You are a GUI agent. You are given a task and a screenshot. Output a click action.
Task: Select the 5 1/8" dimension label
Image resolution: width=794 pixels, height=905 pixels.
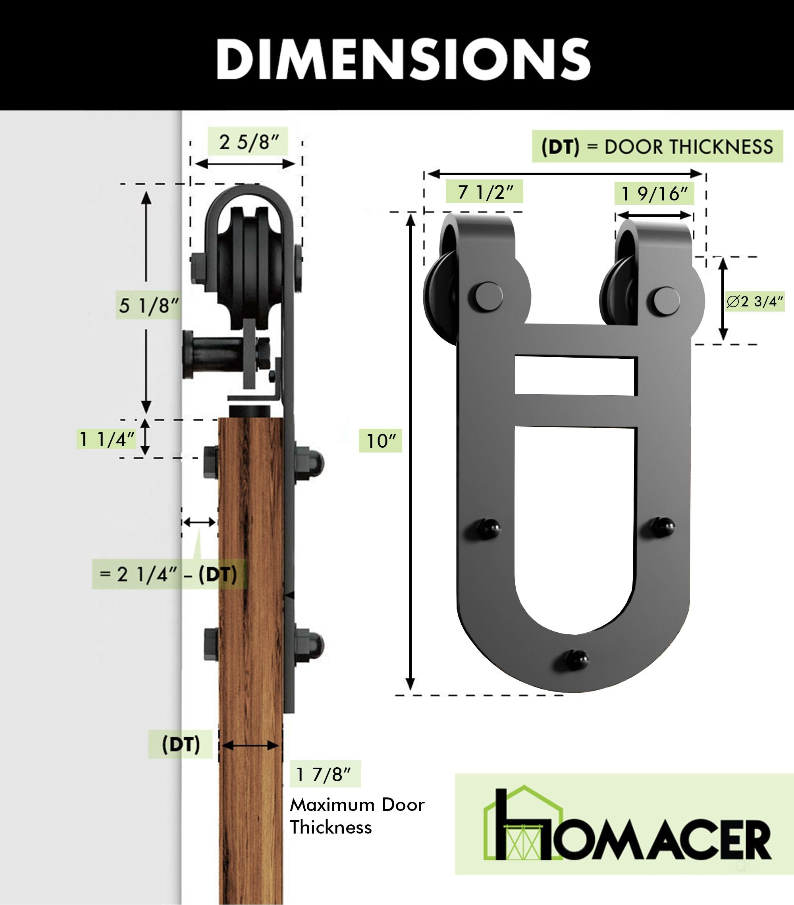point(148,306)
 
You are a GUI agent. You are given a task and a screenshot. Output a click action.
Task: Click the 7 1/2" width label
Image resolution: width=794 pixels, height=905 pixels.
point(484,192)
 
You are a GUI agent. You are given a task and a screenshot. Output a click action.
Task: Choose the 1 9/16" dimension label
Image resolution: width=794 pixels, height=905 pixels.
point(654,193)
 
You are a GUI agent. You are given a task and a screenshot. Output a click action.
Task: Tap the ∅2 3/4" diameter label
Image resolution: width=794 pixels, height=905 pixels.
point(755,302)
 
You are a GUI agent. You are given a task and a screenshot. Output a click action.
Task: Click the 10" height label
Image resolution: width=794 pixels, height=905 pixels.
point(380,441)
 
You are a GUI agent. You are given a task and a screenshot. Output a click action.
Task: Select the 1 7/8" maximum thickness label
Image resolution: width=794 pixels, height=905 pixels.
point(325,774)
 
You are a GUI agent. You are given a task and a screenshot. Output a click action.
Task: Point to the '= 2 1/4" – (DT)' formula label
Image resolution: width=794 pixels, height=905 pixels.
point(168,574)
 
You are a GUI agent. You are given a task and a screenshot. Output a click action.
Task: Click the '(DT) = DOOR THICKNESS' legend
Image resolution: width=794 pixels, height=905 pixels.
point(657,146)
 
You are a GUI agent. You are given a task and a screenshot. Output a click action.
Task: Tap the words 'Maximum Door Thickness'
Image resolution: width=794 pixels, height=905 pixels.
point(357,816)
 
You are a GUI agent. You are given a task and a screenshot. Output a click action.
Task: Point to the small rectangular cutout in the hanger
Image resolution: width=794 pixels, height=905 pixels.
point(576,376)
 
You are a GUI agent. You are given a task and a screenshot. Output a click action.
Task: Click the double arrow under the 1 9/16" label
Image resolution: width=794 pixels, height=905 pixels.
point(654,216)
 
